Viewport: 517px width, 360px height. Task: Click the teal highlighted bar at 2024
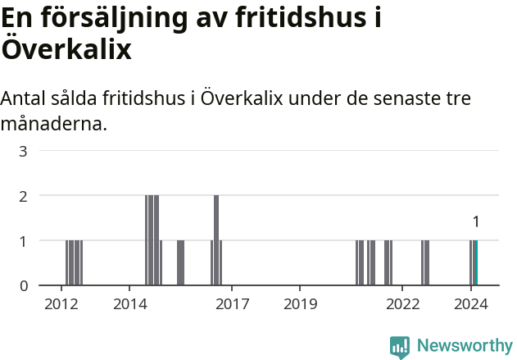coord(475,262)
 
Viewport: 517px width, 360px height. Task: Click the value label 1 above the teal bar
coord(476,221)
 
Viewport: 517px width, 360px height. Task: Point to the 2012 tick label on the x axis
coord(61,304)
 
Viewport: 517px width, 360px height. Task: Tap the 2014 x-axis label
coord(129,304)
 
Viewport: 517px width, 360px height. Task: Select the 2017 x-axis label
coord(233,304)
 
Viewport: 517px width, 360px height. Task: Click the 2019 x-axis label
coord(301,304)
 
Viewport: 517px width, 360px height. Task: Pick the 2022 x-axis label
coord(403,304)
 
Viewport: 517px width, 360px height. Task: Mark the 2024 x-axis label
coord(471,304)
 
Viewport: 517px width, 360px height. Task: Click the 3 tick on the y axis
coord(24,151)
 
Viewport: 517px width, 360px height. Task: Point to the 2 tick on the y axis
coord(24,196)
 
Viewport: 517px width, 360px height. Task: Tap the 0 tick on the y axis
coord(24,285)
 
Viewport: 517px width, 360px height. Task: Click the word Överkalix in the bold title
coord(66,48)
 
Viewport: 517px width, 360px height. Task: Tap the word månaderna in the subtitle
coord(54,125)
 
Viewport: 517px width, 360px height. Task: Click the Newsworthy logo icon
coord(400,347)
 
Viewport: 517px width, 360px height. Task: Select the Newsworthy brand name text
coord(465,346)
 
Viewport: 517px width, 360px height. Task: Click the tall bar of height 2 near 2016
coord(216,239)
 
